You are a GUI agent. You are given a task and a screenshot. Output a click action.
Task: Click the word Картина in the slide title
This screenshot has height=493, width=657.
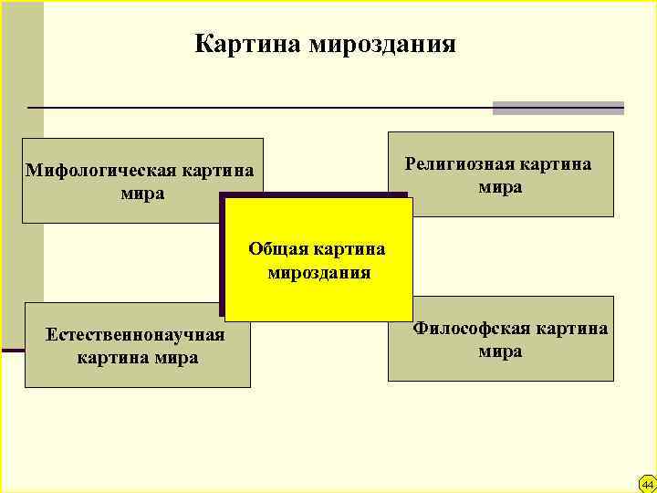pos(247,45)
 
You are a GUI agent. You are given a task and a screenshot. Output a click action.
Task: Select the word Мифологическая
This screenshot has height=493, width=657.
pos(100,171)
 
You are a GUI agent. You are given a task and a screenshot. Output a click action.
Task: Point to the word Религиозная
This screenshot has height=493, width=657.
pos(459,165)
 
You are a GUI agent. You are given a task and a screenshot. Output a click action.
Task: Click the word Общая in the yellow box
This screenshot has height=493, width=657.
pos(276,249)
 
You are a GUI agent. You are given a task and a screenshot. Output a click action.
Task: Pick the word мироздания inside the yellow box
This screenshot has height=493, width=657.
pos(318,272)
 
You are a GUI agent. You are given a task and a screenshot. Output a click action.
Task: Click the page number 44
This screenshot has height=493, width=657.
pos(647,484)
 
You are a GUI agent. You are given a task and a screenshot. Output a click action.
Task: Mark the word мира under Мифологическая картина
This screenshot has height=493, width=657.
pos(141,194)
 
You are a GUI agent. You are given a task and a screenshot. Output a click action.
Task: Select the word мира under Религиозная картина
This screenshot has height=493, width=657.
pos(500,187)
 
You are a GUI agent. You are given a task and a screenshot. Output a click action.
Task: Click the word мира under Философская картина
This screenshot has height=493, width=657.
pos(500,351)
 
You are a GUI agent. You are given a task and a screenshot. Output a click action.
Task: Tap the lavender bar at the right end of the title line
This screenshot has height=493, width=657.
pos(558,108)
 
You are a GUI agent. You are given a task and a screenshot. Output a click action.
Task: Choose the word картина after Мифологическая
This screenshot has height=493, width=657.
pos(217,171)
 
